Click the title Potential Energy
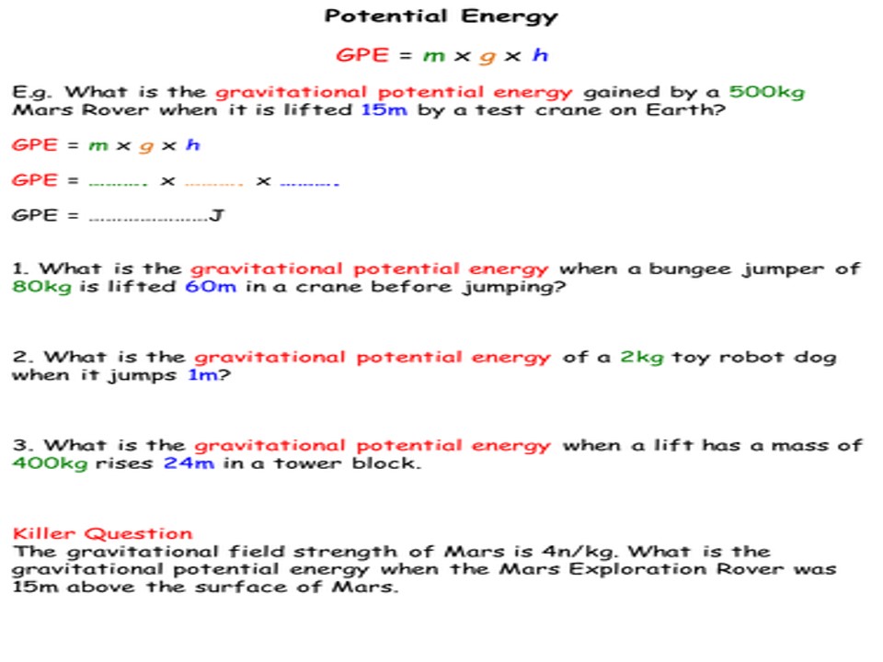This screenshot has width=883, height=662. pos(441,17)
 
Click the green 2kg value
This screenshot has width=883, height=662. pos(641,357)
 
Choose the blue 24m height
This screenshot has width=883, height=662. pos(189,463)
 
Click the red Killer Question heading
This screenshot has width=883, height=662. pos(103,533)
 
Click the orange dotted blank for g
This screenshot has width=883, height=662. pos(213,182)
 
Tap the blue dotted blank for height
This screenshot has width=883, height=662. pos(309,182)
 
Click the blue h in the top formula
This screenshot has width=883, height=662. pos(540,55)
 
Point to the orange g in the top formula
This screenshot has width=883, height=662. pos(488,56)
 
